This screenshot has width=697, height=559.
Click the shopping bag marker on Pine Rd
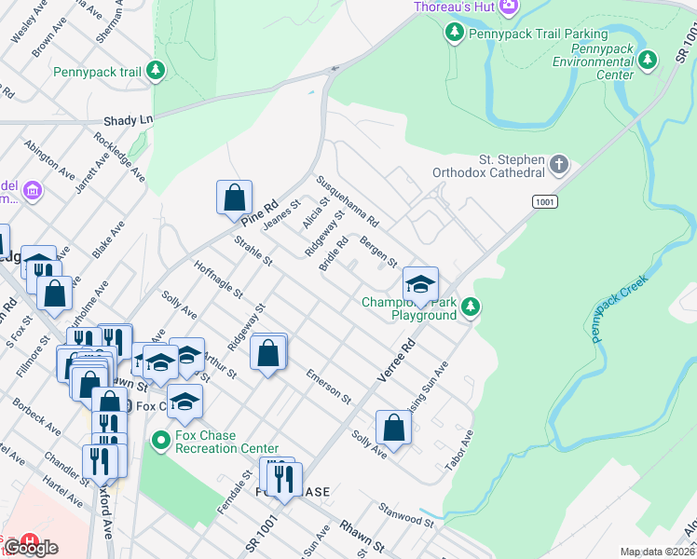click(235, 198)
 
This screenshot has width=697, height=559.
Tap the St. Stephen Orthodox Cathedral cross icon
click(559, 165)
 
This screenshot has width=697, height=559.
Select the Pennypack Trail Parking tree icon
click(454, 34)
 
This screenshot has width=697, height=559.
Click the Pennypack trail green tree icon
click(157, 71)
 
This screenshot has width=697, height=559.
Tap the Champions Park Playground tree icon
click(471, 307)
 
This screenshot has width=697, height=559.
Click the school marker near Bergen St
click(420, 285)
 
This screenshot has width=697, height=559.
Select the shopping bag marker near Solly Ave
click(394, 428)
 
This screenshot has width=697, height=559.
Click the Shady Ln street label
click(128, 120)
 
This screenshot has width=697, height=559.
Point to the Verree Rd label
click(395, 360)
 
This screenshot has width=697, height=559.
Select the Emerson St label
click(329, 389)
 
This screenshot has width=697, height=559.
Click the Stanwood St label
click(406, 515)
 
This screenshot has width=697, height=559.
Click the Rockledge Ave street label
click(119, 156)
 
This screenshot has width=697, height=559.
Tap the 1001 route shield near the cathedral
click(545, 201)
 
